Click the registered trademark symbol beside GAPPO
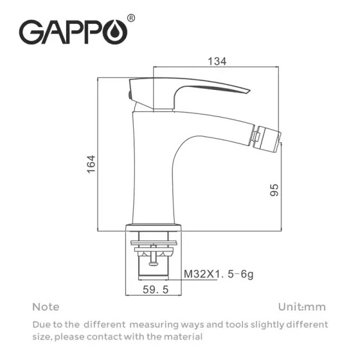132,19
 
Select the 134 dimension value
217,62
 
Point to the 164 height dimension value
91,164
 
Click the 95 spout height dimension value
274,190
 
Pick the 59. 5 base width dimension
155,290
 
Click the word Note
46,307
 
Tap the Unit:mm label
302,307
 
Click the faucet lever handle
193,89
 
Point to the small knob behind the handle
130,96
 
